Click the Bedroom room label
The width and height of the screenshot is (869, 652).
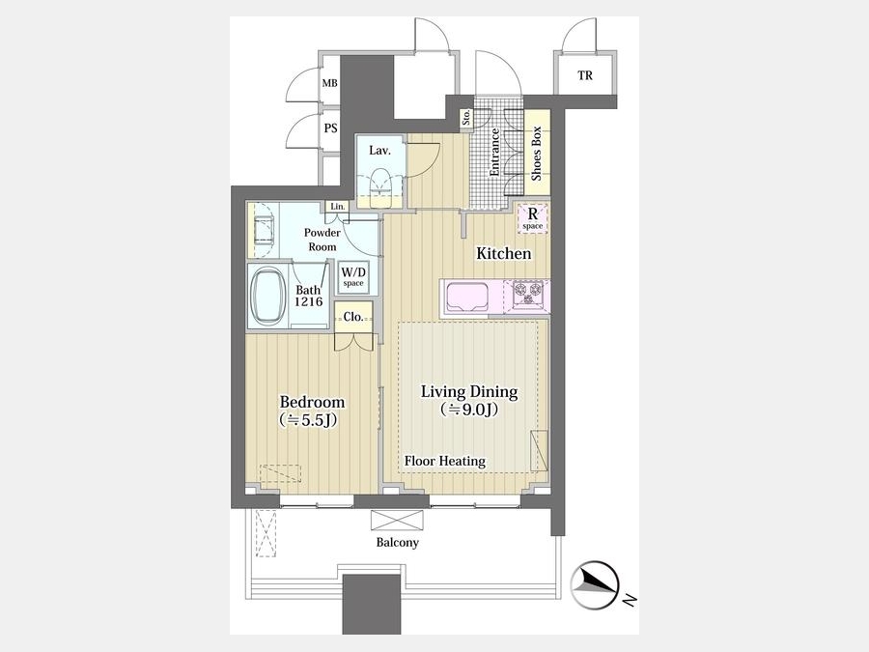[x=312, y=402]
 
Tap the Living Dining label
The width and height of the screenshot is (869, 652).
[x=469, y=391]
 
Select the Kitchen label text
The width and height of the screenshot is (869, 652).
[x=504, y=253]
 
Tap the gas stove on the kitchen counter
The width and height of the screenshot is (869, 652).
[x=528, y=294]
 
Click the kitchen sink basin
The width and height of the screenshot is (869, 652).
[x=467, y=298]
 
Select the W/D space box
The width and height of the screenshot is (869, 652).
[x=353, y=276]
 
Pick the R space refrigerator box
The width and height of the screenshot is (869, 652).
[x=533, y=218]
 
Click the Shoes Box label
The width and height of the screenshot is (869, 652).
[x=537, y=154]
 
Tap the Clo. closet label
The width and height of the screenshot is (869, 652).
[x=353, y=317]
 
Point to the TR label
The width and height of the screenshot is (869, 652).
[x=585, y=75]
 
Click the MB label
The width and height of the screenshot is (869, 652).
[x=330, y=84]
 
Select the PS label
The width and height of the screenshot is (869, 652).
[x=331, y=128]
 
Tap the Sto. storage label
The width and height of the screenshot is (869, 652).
[x=466, y=116]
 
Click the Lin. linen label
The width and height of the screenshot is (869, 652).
[x=338, y=207]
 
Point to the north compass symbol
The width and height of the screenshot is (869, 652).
[x=595, y=585]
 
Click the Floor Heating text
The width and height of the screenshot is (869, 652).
[x=444, y=461]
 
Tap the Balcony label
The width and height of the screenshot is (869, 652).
[x=398, y=542]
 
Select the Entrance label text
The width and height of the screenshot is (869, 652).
[x=494, y=153]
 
